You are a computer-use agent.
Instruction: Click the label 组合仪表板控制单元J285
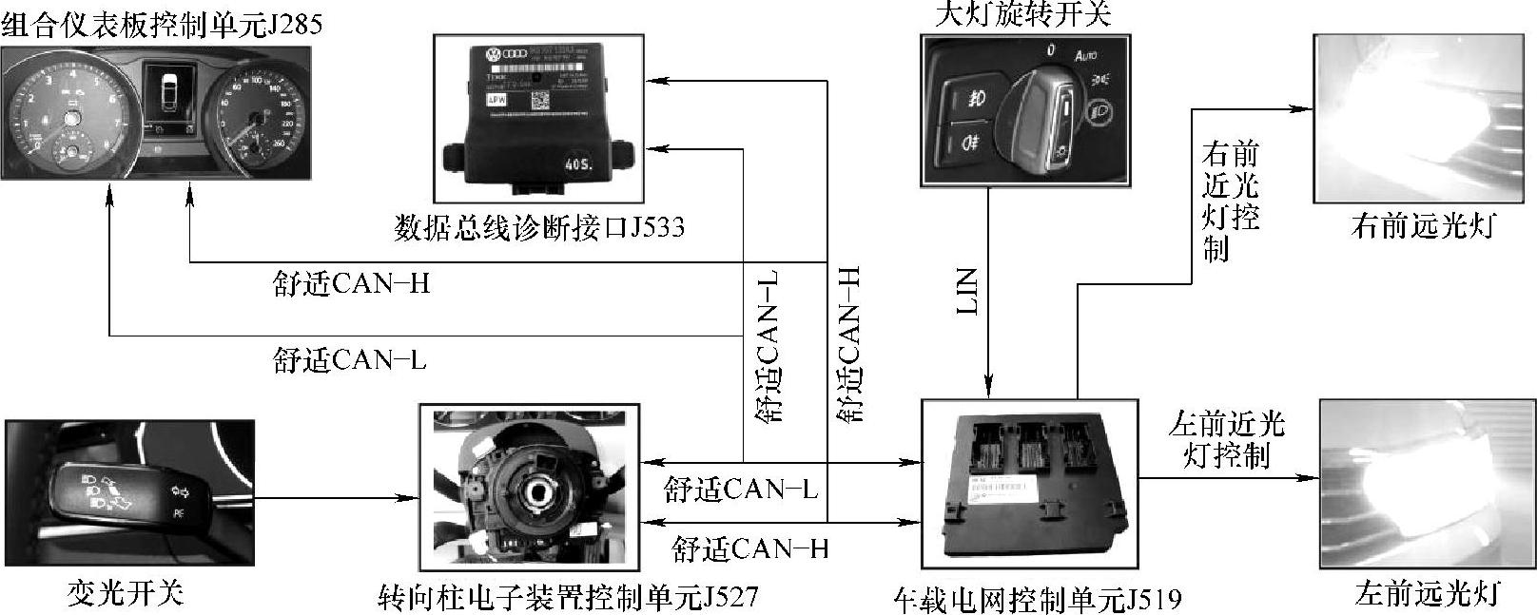tap(162, 21)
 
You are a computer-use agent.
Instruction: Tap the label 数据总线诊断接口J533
tap(538, 228)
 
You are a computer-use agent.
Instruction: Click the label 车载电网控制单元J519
tap(1038, 598)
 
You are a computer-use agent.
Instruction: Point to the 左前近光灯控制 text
tap(1225, 440)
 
